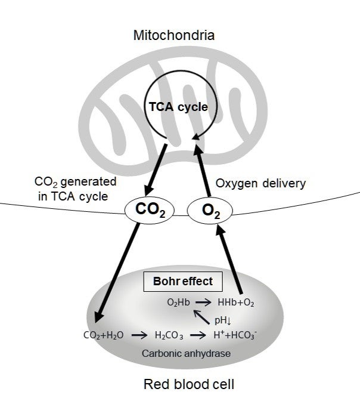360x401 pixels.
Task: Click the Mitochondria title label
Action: click(174, 35)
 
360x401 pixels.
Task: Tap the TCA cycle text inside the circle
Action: click(178, 107)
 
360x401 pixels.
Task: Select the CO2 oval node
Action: click(150, 210)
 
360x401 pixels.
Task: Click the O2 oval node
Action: click(210, 211)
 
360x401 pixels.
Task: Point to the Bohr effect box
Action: click(183, 282)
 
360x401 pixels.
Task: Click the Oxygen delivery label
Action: click(260, 184)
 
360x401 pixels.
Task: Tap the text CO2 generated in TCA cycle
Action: click(75, 189)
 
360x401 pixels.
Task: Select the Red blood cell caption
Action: click(189, 384)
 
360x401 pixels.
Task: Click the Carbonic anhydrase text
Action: click(187, 353)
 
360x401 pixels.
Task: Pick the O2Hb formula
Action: click(178, 303)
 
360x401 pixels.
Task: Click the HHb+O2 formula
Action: click(236, 303)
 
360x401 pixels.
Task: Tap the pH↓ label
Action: click(223, 320)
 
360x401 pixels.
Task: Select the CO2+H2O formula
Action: click(104, 335)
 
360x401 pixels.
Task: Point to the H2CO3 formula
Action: click(169, 335)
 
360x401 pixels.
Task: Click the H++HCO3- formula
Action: click(235, 335)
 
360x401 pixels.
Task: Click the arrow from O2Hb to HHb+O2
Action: click(203, 303)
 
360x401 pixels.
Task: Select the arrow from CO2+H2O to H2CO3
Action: click(139, 335)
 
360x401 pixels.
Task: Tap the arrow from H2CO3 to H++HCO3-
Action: click(198, 335)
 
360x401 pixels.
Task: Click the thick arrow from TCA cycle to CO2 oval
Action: click(156, 170)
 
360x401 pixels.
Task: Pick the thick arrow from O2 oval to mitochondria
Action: click(202, 171)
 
